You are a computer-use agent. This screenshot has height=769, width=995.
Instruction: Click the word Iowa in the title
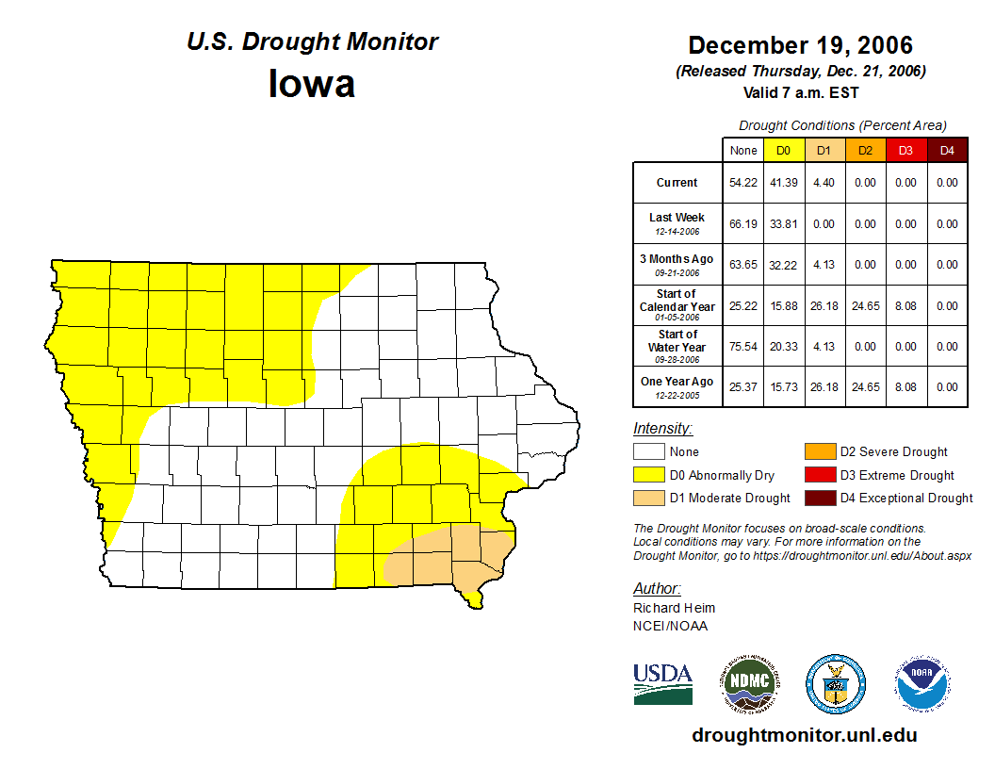click(312, 84)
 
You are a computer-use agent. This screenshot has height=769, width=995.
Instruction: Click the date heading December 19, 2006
click(800, 45)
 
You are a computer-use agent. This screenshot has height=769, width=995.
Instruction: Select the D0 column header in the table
click(783, 150)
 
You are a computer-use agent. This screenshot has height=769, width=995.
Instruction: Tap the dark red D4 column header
click(947, 150)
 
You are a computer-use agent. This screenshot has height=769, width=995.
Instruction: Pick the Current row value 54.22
click(743, 183)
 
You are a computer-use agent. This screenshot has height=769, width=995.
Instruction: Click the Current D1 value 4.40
click(824, 183)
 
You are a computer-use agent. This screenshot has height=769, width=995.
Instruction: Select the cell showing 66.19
click(743, 224)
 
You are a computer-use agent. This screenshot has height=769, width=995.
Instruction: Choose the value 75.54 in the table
click(743, 347)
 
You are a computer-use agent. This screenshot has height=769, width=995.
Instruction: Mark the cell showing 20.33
click(783, 347)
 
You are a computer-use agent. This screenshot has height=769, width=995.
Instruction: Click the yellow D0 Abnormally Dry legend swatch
click(648, 475)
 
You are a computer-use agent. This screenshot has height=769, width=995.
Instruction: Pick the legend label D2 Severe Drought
click(893, 452)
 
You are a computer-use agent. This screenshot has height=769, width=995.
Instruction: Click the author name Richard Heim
click(675, 608)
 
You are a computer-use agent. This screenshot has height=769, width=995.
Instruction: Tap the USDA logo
click(662, 684)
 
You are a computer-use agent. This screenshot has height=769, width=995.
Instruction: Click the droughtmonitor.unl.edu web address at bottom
click(804, 735)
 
